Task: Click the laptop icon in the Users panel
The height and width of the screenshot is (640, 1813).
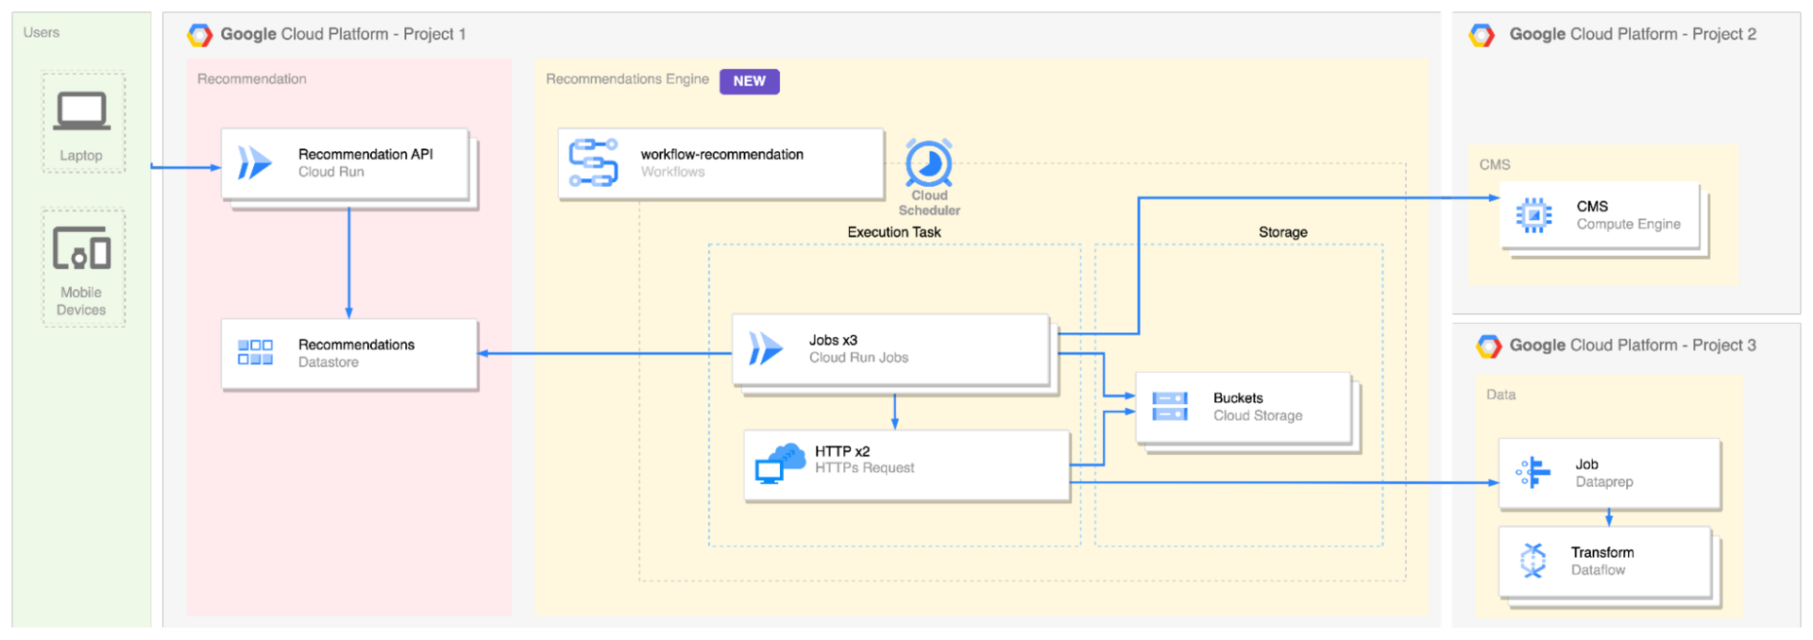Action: click(x=81, y=111)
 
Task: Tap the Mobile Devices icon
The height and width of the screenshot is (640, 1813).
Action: click(x=81, y=248)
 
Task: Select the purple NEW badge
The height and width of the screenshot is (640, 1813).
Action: click(x=749, y=81)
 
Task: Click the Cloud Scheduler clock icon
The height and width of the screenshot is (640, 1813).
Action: click(x=929, y=163)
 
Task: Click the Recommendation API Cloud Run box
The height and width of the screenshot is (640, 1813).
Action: click(x=345, y=163)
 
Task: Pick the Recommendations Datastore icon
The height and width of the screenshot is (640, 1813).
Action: click(x=255, y=353)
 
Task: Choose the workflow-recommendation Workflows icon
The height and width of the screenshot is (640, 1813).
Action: click(x=593, y=162)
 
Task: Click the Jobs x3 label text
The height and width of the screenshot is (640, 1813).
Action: click(x=833, y=340)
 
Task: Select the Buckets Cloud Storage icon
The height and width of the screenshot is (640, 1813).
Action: click(x=1170, y=407)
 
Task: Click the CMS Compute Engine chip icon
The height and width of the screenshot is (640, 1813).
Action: click(x=1533, y=215)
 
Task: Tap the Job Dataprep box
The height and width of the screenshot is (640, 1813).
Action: click(x=1609, y=473)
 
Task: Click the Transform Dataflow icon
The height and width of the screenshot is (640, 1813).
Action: click(x=1533, y=561)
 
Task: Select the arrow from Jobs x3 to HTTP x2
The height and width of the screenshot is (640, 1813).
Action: click(x=895, y=410)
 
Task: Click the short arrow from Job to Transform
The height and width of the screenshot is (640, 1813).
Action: click(x=1609, y=517)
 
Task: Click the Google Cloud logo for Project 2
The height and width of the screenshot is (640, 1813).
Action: click(x=1482, y=35)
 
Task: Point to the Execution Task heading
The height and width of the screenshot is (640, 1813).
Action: click(x=893, y=232)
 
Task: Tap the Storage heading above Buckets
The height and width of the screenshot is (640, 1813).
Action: click(x=1282, y=232)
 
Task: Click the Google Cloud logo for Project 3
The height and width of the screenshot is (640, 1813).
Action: click(x=1489, y=346)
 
